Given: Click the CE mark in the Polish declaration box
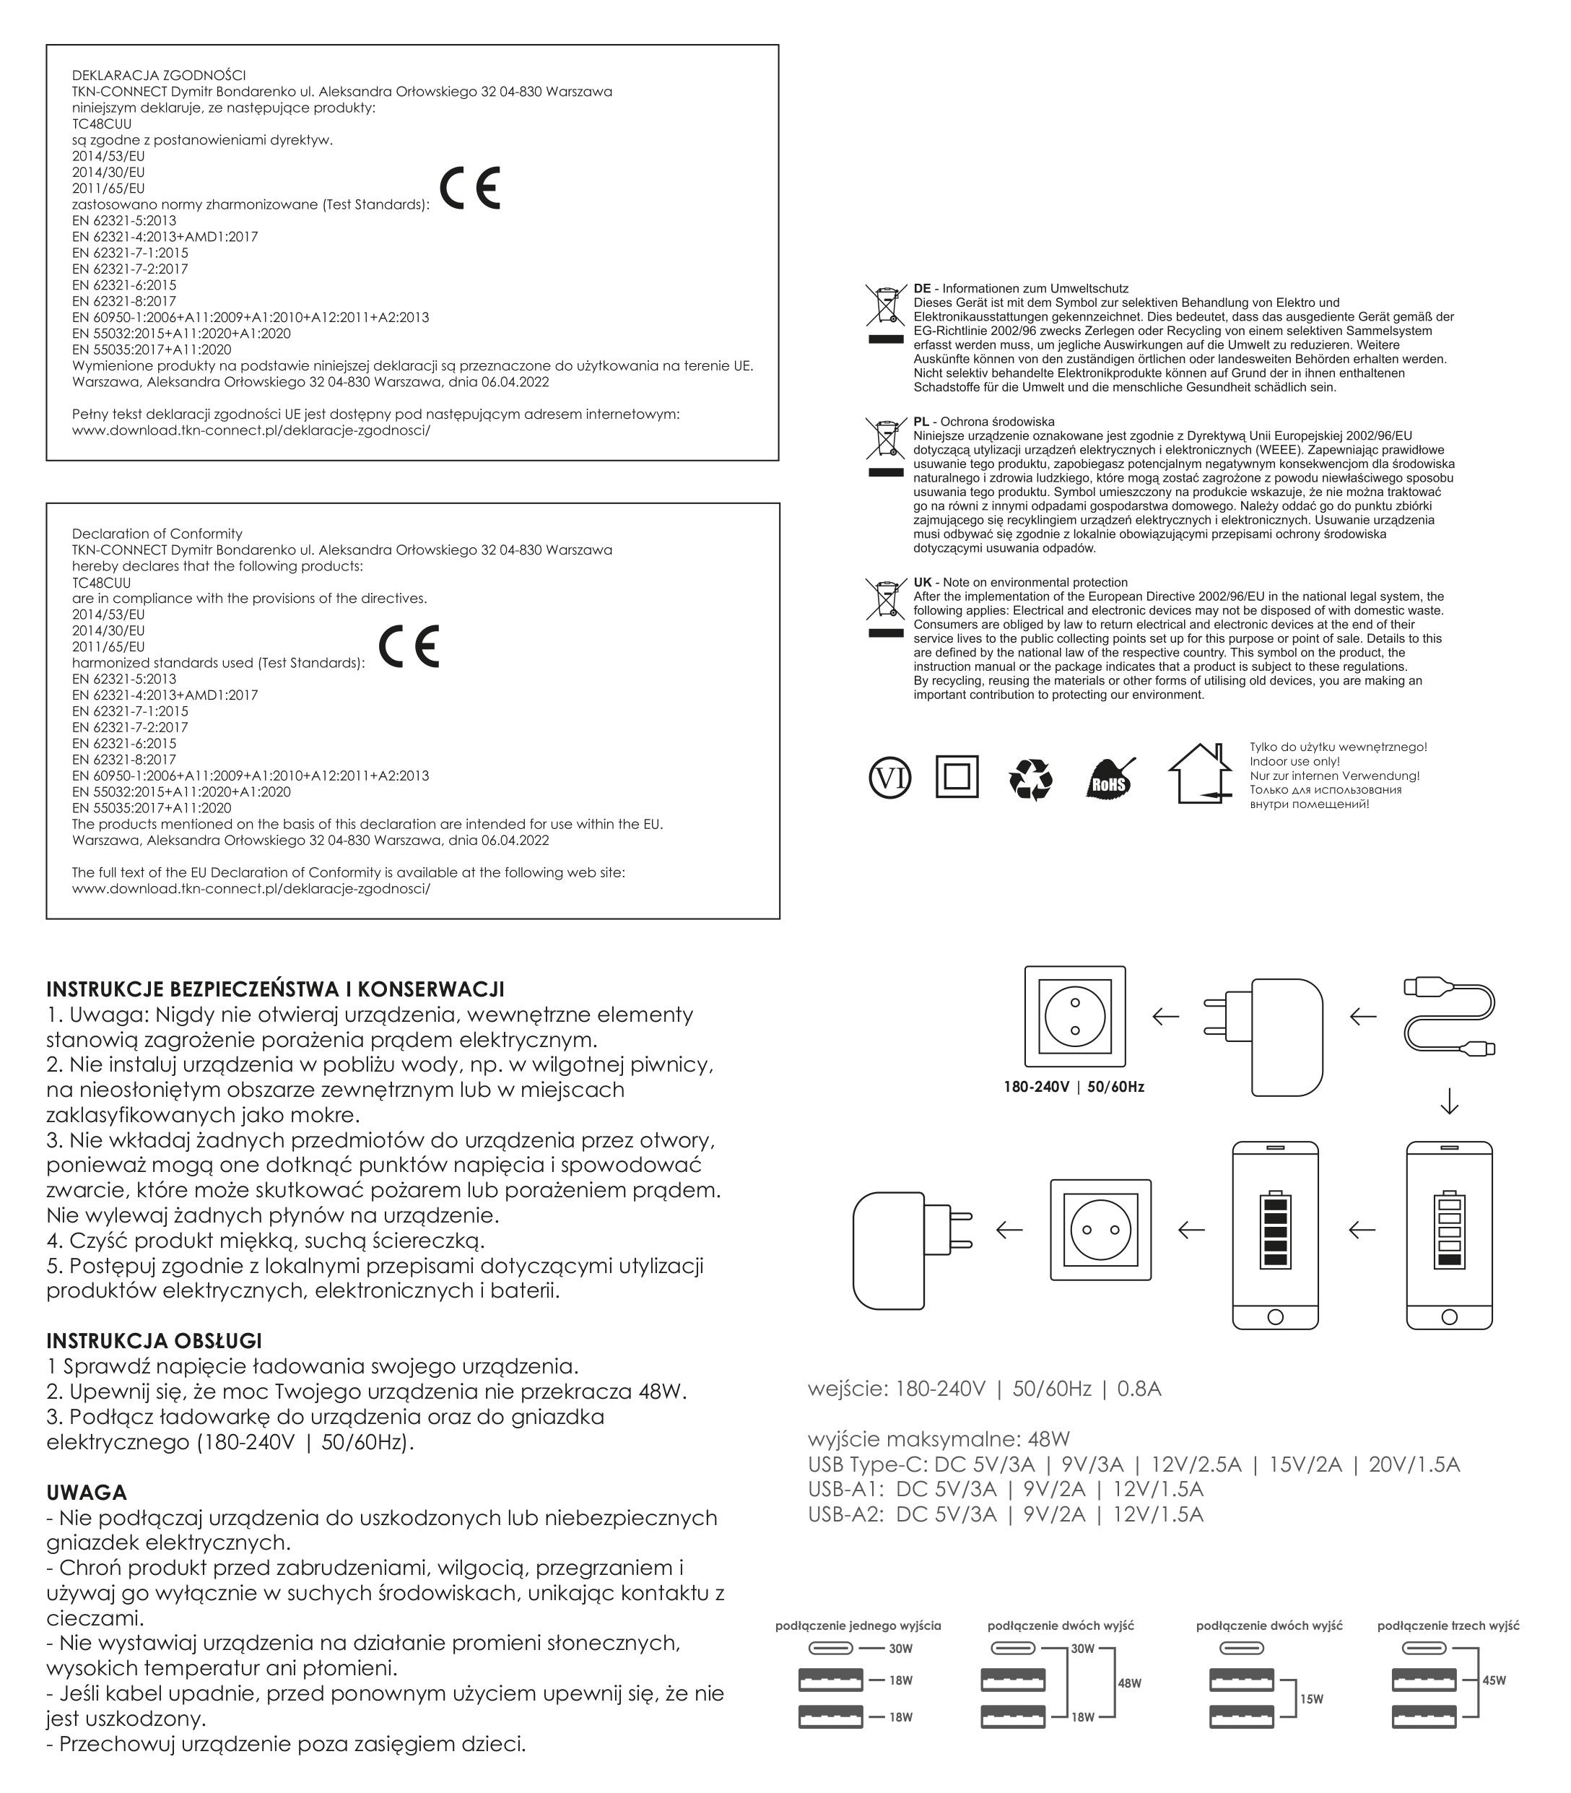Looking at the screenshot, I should (470, 188).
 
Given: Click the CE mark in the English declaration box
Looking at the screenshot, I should (409, 646).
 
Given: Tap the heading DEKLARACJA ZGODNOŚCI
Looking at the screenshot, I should (159, 75).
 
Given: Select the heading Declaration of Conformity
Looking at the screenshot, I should (157, 534).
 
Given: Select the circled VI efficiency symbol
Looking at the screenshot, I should (889, 778).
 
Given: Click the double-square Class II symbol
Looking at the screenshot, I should (957, 777).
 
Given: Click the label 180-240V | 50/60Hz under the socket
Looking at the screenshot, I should (1074, 1087).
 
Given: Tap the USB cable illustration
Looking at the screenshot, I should (1450, 1016).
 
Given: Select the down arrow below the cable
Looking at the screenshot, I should (1449, 1102).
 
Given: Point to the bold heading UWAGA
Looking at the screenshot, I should (87, 1493).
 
